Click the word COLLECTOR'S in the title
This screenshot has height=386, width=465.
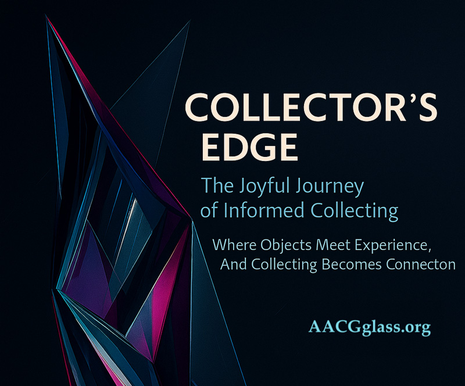[x=311, y=107]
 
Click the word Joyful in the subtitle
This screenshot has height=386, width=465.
[x=264, y=187]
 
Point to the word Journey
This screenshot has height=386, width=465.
[x=328, y=187]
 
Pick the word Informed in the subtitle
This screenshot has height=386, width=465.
[x=264, y=210]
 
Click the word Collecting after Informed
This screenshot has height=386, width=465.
[x=354, y=211]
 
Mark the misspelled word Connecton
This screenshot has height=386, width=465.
[x=420, y=265]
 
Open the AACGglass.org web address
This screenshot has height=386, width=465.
[x=370, y=327]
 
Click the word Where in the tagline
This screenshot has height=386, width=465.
[x=234, y=245]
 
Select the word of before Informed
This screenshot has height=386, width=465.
[x=209, y=210]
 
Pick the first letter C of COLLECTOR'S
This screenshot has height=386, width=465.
[x=197, y=107]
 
